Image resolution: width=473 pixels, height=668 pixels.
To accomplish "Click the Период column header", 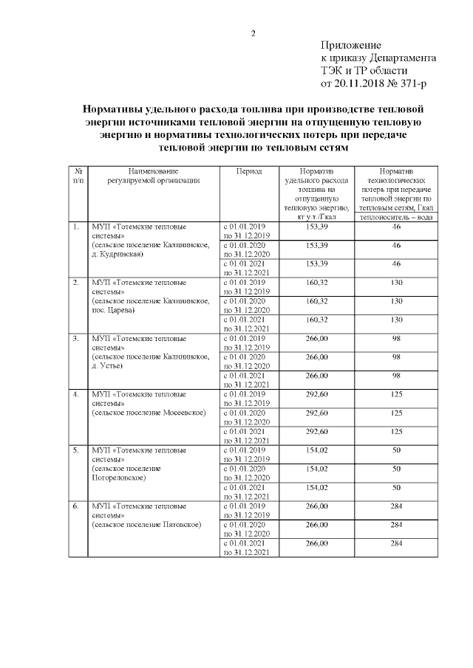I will point(249,171).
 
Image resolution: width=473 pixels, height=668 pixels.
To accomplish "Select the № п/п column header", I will point(78,175).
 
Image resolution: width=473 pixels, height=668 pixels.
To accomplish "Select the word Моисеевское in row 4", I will point(177,412).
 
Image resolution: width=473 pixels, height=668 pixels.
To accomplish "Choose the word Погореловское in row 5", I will point(118,478).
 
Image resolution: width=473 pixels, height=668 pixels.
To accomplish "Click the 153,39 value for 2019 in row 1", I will point(316,227).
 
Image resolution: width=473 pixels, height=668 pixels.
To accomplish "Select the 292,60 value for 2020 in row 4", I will point(316,413).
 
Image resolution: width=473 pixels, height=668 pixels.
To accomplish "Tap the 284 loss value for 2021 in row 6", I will point(396,543).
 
